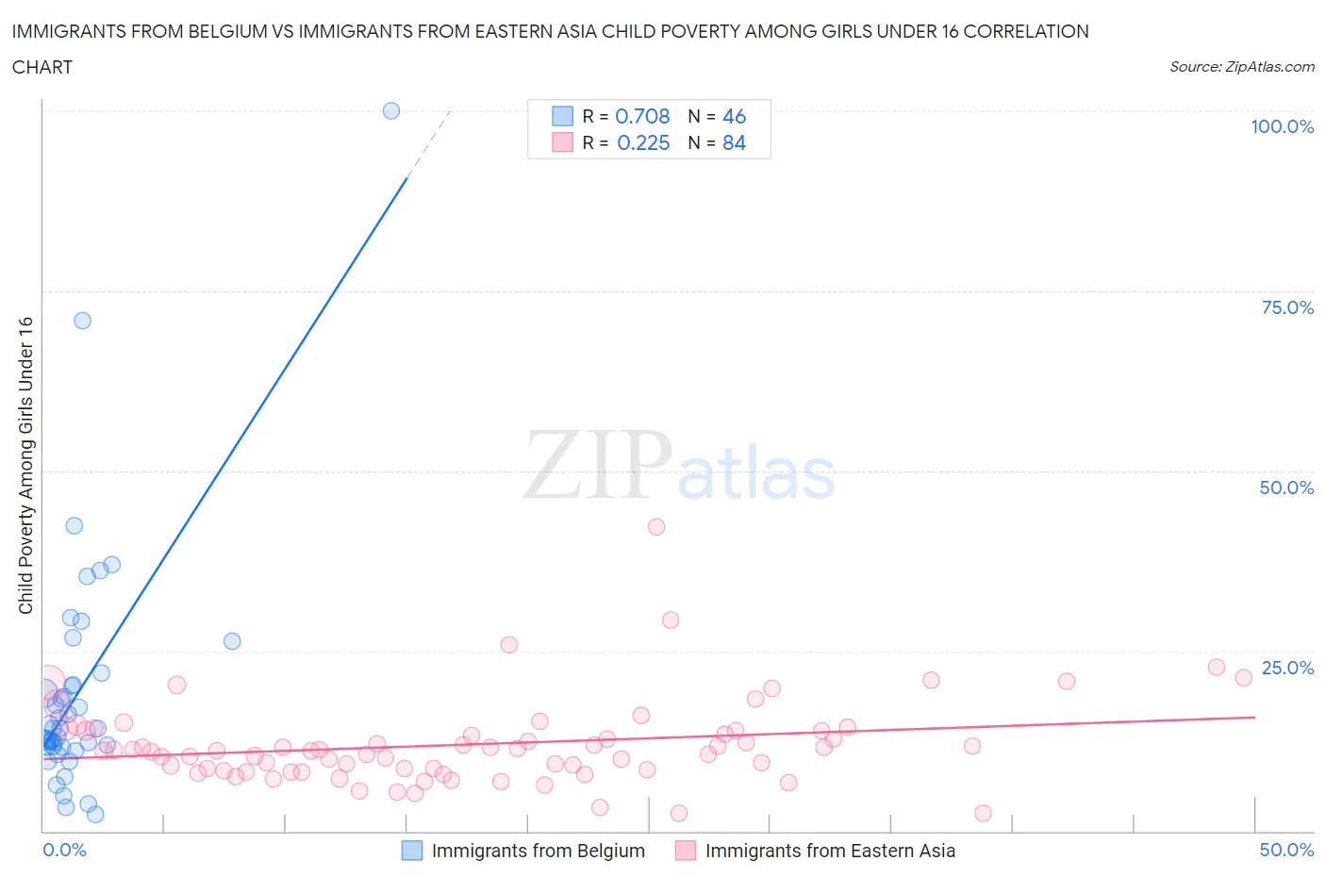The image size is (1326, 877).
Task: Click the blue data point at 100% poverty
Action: coord(391,110)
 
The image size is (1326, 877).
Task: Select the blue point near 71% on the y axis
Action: coord(82,321)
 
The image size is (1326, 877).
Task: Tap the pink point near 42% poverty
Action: coord(656,527)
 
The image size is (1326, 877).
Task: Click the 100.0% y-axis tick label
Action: coord(1282,126)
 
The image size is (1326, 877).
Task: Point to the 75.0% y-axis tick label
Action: coord(1287,307)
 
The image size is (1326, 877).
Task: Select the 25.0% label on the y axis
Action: coord(1287,668)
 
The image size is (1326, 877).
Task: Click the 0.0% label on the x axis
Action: coord(64,850)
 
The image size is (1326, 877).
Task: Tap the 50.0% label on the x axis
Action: coord(1286,850)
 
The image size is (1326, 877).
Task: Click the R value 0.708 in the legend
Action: coord(642,116)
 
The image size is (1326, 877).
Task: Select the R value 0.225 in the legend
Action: coord(643,142)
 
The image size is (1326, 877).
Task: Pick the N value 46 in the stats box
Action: coord(734,116)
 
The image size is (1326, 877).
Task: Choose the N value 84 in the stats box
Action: coord(734,142)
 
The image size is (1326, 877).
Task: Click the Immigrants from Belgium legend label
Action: coord(538,851)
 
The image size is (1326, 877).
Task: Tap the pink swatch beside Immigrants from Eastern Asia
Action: coord(686,851)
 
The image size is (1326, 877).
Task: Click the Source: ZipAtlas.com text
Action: coord(1241,66)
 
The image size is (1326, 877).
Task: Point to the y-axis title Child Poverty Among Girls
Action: coord(25,465)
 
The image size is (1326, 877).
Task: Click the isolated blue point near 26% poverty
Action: coord(232,641)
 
